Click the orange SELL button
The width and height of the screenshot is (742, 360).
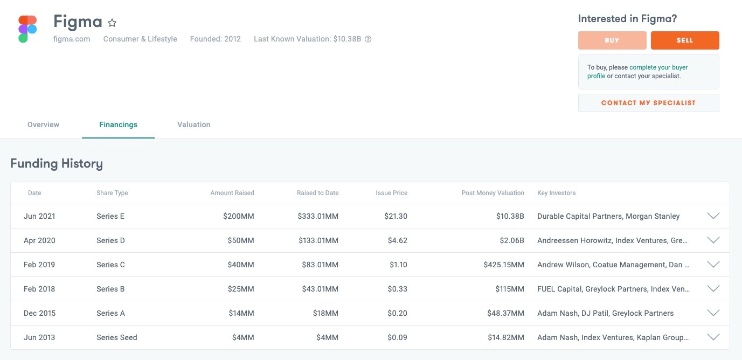point(684,40)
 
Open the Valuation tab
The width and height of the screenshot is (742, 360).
point(193,124)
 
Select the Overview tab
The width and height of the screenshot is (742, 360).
point(43,124)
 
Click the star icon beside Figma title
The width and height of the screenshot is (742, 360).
point(112,23)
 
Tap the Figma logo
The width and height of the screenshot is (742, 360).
point(27,29)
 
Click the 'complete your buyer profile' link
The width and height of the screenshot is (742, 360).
point(658,67)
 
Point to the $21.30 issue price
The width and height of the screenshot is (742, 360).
point(397,216)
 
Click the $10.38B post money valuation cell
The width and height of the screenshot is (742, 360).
point(510,216)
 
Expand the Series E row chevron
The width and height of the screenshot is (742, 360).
point(713,216)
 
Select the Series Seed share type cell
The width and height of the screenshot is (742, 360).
point(116,337)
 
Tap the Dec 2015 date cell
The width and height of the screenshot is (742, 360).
point(39,313)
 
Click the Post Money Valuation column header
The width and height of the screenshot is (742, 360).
point(493,193)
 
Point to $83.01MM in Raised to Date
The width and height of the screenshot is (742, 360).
point(318,265)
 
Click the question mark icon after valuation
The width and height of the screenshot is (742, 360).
point(368,39)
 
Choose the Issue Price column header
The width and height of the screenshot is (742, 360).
point(391,193)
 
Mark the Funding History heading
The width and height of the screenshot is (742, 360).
point(57,163)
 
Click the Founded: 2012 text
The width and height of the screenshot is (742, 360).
point(215,39)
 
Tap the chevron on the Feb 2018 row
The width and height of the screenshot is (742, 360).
point(713,289)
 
